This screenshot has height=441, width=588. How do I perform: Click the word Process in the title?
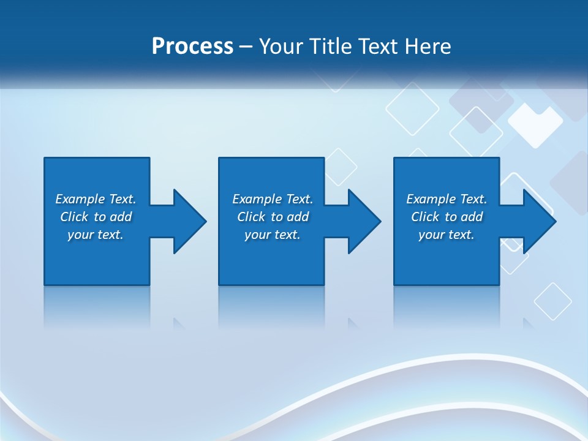[x=192, y=47]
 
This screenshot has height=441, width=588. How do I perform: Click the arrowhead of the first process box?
[x=189, y=221]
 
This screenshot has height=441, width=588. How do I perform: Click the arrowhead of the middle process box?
[x=364, y=221]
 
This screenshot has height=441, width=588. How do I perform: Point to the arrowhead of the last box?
[x=539, y=221]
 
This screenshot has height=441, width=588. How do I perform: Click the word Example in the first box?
[x=80, y=199]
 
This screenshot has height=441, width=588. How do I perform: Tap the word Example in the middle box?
[x=257, y=199]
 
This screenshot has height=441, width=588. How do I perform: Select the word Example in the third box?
[x=431, y=199]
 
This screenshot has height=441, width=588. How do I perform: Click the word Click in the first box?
[x=75, y=217]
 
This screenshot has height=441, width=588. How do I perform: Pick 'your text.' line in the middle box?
[x=272, y=235]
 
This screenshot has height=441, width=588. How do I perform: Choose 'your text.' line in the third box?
[x=446, y=235]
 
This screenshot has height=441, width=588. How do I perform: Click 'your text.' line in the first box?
[x=95, y=235]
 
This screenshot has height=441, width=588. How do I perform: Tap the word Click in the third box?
[x=426, y=217]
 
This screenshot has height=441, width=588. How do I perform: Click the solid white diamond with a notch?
[x=535, y=124]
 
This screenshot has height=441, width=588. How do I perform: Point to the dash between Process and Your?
[x=246, y=47]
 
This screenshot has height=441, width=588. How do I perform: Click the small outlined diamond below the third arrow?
[x=552, y=301]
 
